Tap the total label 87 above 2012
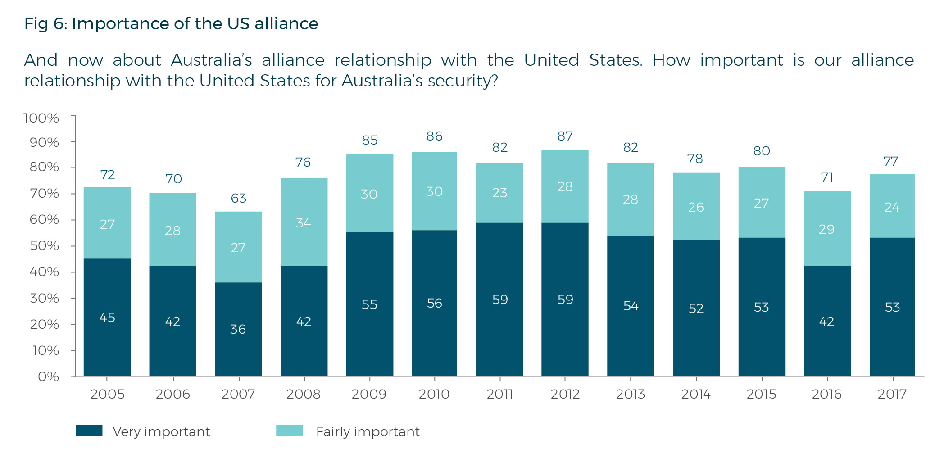[565, 136]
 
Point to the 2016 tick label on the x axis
[826, 394]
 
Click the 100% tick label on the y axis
[41, 118]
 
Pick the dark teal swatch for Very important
[89, 431]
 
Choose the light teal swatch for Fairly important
[289, 431]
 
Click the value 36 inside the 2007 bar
[238, 329]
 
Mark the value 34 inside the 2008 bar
[304, 223]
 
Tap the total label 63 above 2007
[238, 198]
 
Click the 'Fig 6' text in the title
[45, 23]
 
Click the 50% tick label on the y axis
[44, 245]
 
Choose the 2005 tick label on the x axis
[107, 394]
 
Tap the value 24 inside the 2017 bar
[892, 207]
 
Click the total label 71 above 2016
[826, 177]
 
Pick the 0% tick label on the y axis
[48, 377]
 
